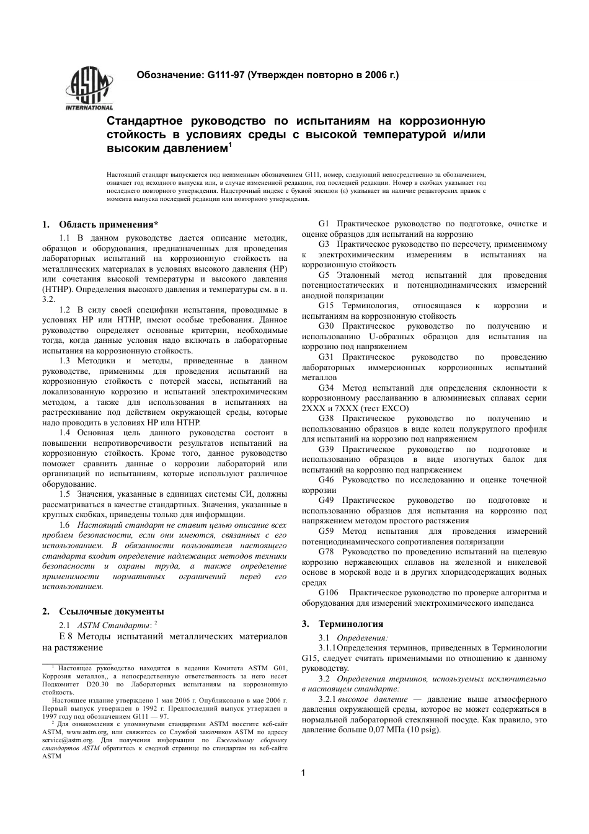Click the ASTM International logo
[x=89, y=91]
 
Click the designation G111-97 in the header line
[x=226, y=75]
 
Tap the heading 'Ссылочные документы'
[x=111, y=611]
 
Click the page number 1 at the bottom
[x=303, y=773]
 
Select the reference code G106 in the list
[x=329, y=593]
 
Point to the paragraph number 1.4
[x=64, y=433]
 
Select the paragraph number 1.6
[x=64, y=525]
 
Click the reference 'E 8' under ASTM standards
[x=66, y=636]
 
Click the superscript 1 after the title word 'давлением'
[x=230, y=146]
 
